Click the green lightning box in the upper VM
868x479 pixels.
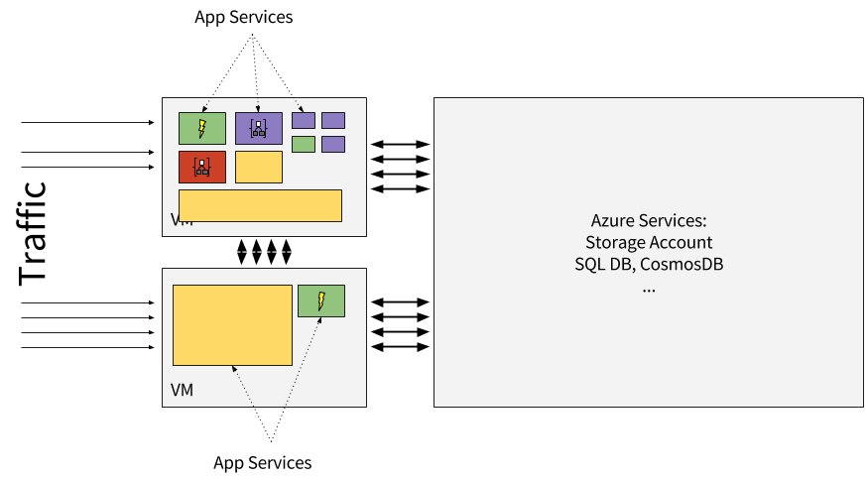[202, 128]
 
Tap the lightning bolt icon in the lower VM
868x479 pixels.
[321, 300]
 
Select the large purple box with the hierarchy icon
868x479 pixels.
[259, 128]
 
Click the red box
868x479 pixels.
[202, 167]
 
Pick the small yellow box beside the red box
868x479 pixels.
[259, 167]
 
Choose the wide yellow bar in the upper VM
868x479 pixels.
[260, 205]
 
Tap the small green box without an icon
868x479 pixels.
[304, 144]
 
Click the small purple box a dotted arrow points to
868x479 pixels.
[304, 120]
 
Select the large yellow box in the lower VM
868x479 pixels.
[232, 325]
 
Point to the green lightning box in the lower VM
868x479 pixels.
[321, 300]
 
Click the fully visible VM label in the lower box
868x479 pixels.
[183, 390]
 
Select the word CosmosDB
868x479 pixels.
[688, 265]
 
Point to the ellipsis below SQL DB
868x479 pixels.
[649, 288]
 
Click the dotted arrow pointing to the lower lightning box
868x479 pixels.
[304, 357]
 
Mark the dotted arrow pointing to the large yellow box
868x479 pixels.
[243, 387]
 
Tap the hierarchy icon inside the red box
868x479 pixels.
[202, 167]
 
